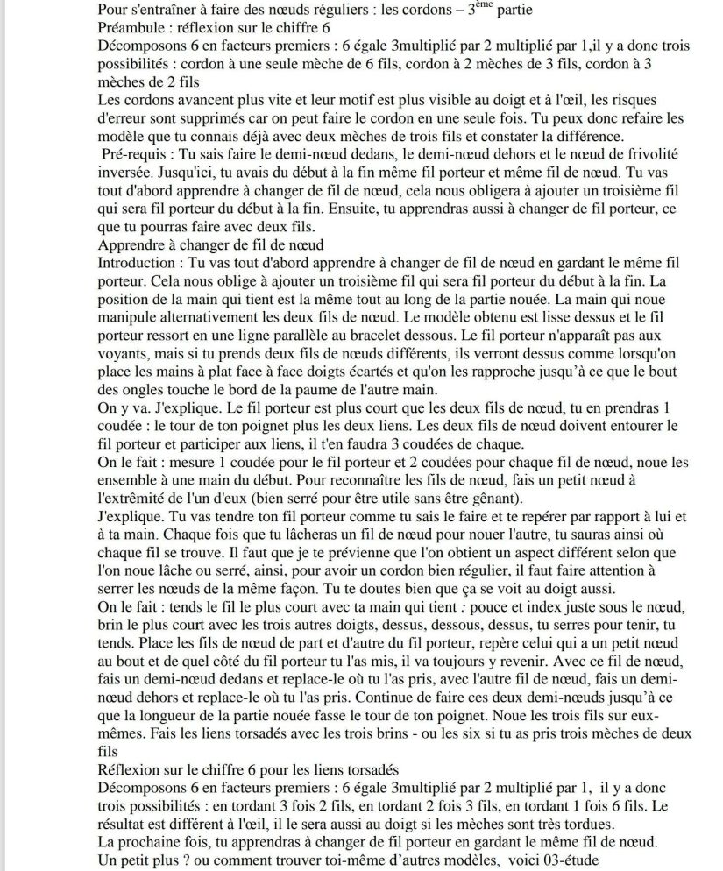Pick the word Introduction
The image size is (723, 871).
pos(138,262)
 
